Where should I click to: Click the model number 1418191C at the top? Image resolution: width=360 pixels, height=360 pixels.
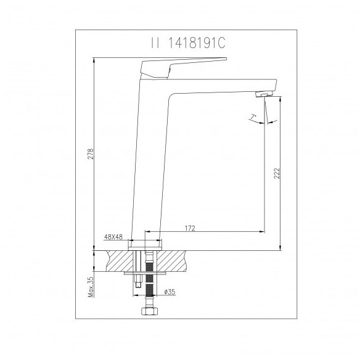[x=197, y=43]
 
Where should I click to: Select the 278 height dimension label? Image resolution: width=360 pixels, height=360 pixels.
[x=91, y=154]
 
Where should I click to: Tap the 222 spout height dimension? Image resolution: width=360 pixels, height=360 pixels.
[x=277, y=173]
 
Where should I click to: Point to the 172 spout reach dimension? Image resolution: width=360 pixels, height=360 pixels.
[x=190, y=228]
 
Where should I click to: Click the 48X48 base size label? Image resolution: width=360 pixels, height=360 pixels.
[x=113, y=237]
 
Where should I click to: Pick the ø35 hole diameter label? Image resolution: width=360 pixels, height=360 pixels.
[x=170, y=292]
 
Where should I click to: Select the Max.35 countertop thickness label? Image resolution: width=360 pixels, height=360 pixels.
[x=91, y=287]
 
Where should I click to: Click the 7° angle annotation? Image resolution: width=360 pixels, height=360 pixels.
[x=253, y=118]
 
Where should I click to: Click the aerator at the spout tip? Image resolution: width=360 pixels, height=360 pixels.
[x=264, y=94]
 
